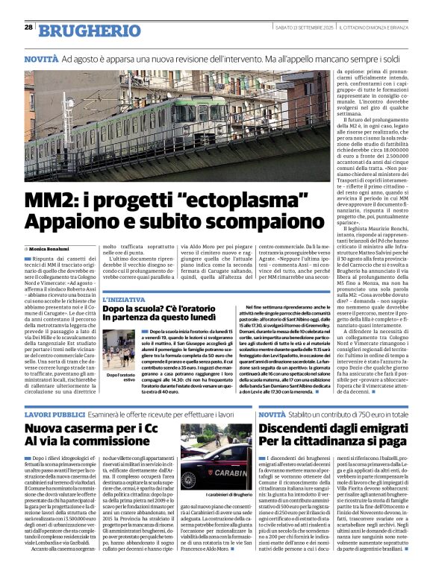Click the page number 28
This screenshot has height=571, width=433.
(28, 27)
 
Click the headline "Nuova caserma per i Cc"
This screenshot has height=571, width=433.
(96, 429)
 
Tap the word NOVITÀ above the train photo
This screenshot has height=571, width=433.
(41, 57)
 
